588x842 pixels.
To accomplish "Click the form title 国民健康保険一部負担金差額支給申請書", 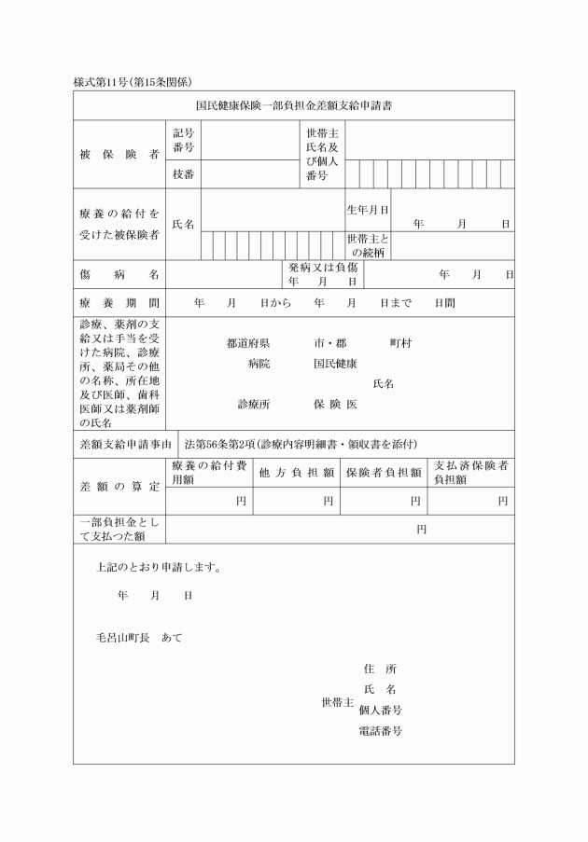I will (x=294, y=106).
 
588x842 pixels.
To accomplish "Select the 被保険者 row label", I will (x=119, y=154).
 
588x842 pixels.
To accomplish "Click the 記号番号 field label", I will (x=183, y=141).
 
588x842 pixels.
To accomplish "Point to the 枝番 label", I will (x=183, y=174).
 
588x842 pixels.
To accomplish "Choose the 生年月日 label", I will (x=367, y=210).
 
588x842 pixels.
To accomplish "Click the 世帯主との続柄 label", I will (x=367, y=245).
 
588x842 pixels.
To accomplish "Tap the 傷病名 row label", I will (x=119, y=275).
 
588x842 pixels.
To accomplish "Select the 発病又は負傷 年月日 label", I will (x=323, y=274).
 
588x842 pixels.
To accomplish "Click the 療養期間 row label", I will (x=119, y=304).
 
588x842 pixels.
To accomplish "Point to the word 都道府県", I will (x=248, y=343).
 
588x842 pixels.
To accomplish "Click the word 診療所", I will (x=254, y=405).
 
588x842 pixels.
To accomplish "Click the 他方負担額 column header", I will (x=297, y=473).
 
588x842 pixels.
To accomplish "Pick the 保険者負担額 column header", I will (x=384, y=473).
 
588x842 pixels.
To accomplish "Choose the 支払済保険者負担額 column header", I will (x=470, y=473).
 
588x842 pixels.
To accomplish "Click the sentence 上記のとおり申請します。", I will (x=158, y=567).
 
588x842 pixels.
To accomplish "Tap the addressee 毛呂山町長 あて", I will (x=139, y=638).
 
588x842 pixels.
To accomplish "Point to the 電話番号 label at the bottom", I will (x=380, y=731).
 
